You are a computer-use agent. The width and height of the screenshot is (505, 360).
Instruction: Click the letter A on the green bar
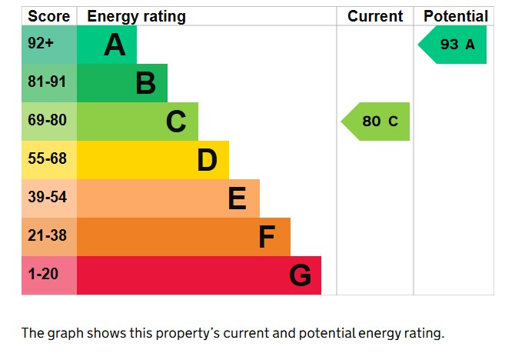coord(115,45)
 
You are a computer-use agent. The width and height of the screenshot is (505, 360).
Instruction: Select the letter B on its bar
coord(145,83)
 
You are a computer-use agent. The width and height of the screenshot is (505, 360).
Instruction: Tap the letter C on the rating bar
coord(176,122)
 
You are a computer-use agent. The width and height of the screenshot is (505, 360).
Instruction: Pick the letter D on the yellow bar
coord(207,160)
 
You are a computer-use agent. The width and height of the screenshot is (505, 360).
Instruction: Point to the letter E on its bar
coord(237,198)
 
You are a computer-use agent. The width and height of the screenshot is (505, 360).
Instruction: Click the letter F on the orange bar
coord(267,237)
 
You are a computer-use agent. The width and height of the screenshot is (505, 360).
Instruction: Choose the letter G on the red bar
coord(300,275)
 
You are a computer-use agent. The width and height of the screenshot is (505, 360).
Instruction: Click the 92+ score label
coord(41,44)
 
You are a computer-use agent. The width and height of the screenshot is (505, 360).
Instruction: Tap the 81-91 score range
coord(48,82)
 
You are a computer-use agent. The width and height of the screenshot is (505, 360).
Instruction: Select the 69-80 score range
coord(48,121)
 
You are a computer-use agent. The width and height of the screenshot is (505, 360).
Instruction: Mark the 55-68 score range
coord(48,159)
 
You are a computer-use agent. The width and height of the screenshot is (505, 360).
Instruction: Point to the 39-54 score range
coord(48,198)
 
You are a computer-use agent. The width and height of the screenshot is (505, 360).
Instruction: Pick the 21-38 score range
coord(48,236)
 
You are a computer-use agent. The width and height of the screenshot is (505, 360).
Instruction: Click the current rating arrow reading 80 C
coord(377,122)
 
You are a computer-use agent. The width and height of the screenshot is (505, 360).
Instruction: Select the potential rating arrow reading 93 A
coord(454,45)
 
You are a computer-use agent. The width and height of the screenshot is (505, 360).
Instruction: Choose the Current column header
coord(375,16)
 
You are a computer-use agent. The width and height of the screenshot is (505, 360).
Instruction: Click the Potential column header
coord(455,16)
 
